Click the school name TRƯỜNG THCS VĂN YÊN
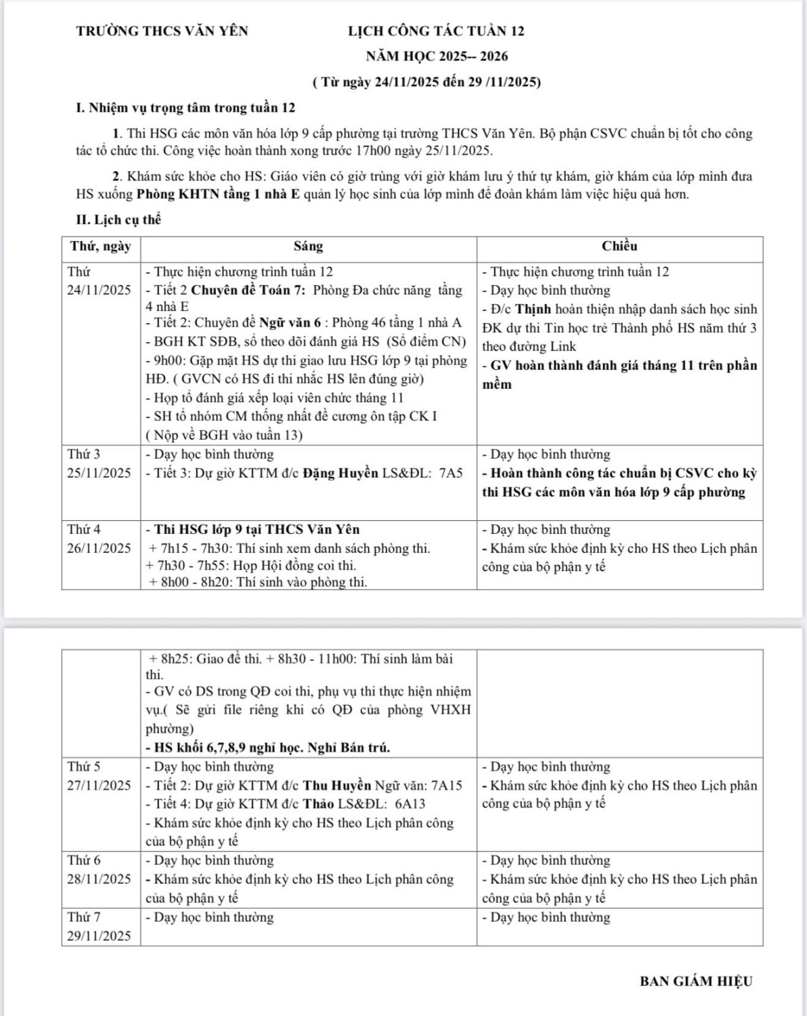point(162,31)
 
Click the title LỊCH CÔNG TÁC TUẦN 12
point(436,31)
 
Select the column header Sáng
point(308,247)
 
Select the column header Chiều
point(619,247)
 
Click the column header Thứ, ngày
point(100,247)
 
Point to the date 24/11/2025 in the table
point(100,290)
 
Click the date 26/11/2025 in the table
point(100,548)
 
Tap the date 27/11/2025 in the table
point(100,786)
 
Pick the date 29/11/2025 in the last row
point(100,936)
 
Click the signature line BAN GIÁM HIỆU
point(696,981)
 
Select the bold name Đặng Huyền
point(340,473)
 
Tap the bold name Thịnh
point(533,309)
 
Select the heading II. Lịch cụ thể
point(118,220)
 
